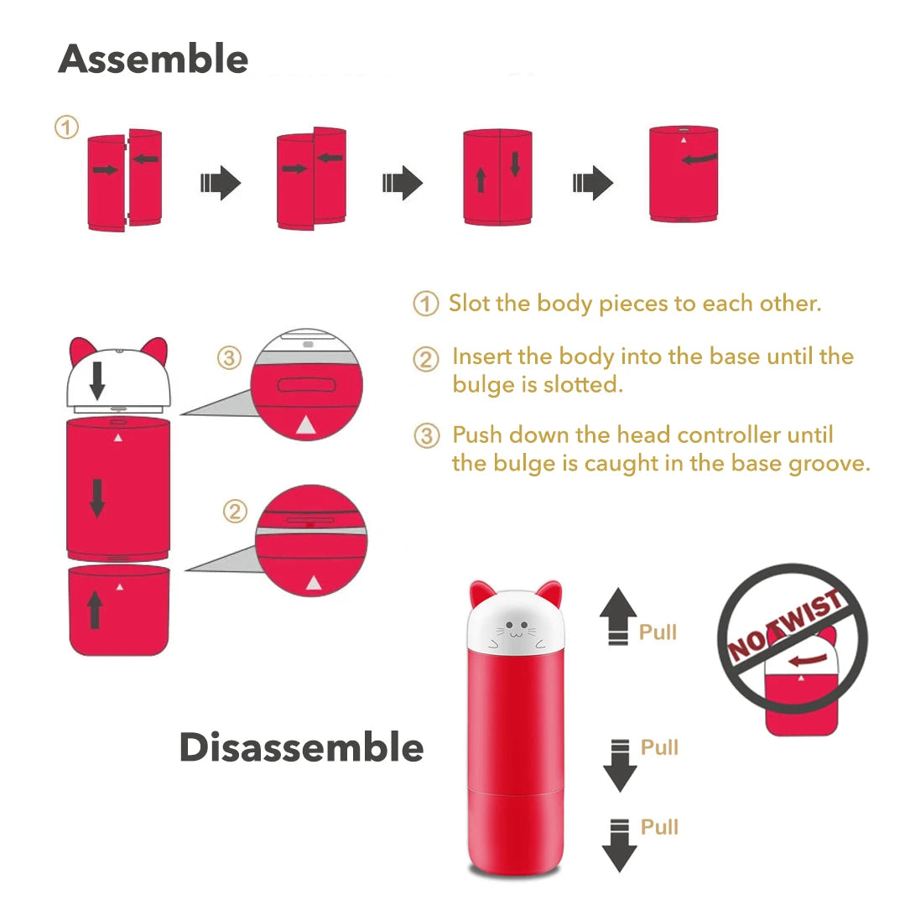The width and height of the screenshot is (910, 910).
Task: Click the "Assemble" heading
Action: click(153, 59)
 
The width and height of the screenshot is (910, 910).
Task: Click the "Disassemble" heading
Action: click(301, 746)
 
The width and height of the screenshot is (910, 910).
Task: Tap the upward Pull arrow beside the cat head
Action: click(618, 616)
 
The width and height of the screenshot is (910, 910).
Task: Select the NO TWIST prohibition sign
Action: click(792, 637)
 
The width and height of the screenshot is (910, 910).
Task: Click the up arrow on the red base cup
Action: click(95, 610)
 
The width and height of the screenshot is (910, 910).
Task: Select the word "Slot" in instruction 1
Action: click(470, 303)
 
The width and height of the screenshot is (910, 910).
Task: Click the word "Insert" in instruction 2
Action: click(481, 356)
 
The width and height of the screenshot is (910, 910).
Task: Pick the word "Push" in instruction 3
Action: click(477, 435)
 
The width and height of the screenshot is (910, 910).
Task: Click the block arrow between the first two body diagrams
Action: click(221, 183)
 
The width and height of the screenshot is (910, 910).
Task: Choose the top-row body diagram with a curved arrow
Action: click(684, 174)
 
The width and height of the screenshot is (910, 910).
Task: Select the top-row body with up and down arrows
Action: click(497, 177)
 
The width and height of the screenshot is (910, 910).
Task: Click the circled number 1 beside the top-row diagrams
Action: click(67, 127)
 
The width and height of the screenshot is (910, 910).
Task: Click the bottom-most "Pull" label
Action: click(659, 827)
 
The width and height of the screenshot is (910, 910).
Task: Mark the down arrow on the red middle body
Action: click(97, 497)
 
